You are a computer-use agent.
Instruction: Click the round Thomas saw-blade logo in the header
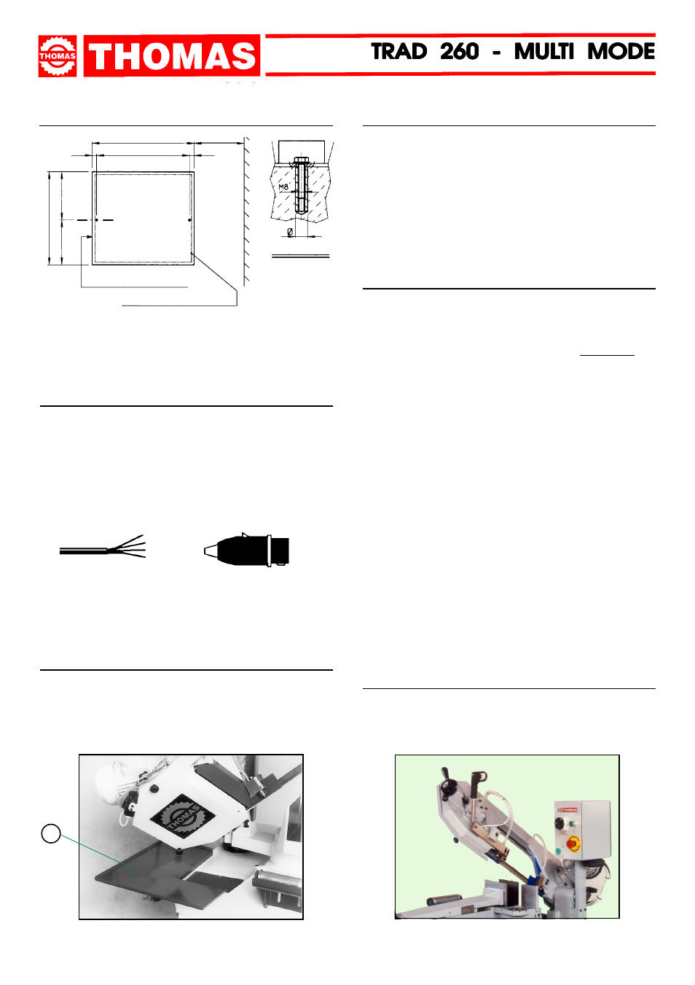(57, 56)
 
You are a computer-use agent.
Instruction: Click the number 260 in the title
(459, 52)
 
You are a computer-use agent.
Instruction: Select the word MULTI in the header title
(544, 52)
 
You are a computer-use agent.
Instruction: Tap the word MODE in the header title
(621, 52)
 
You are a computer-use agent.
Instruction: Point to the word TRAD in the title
(399, 52)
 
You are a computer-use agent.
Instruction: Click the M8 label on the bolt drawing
(283, 187)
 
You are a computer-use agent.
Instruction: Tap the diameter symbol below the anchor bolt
(290, 232)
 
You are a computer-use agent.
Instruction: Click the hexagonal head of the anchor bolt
(301, 160)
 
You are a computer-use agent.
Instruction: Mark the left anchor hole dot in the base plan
(97, 220)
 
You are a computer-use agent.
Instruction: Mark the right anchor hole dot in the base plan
(189, 220)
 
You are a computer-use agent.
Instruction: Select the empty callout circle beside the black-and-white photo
(51, 833)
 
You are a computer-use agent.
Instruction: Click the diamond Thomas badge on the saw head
(182, 818)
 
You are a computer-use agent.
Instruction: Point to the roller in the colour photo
(444, 898)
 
